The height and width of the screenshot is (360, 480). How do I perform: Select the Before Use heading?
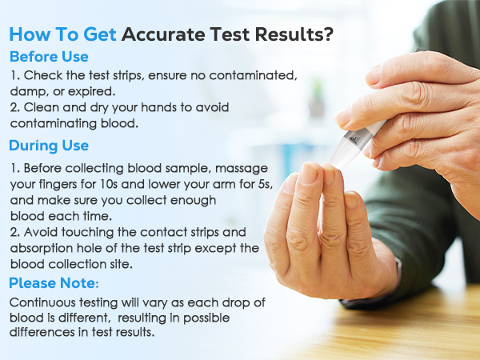pos(49,58)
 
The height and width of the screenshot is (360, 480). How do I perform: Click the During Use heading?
pos(49,146)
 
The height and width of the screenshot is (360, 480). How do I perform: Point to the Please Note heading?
pos(54,282)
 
